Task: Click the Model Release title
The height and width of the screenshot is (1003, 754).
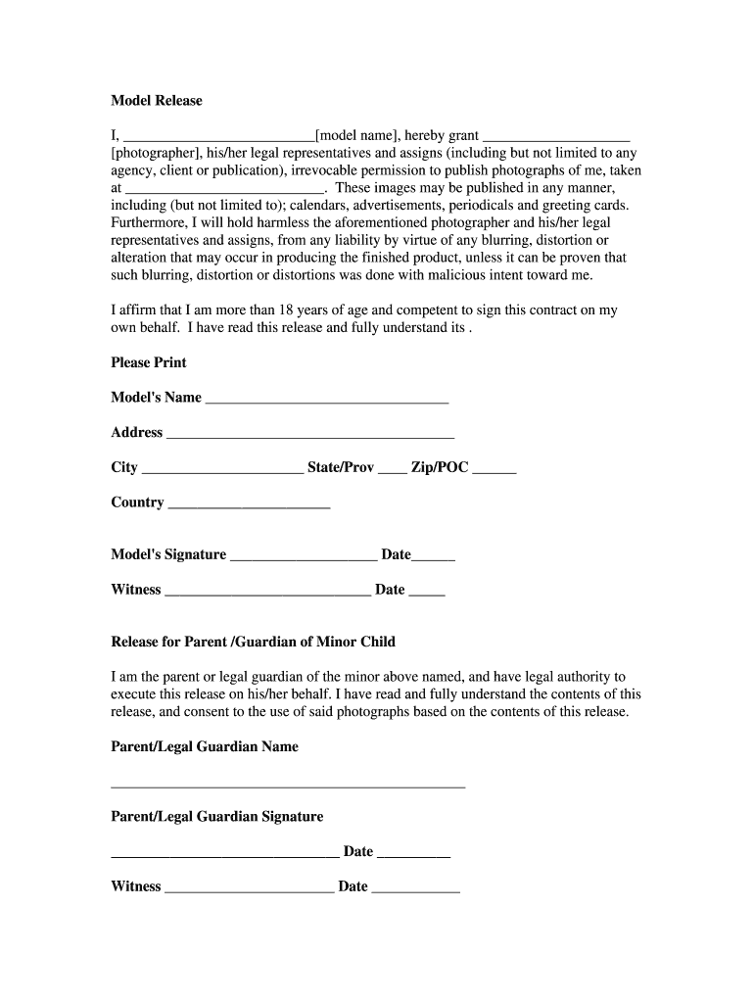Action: coord(157,101)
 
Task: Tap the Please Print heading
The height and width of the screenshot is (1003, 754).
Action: coord(149,362)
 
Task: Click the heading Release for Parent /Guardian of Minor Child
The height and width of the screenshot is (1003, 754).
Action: coord(254,642)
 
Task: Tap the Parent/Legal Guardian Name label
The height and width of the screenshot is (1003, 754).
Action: coord(205,746)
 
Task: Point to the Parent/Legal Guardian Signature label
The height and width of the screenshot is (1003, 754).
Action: coord(217,816)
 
